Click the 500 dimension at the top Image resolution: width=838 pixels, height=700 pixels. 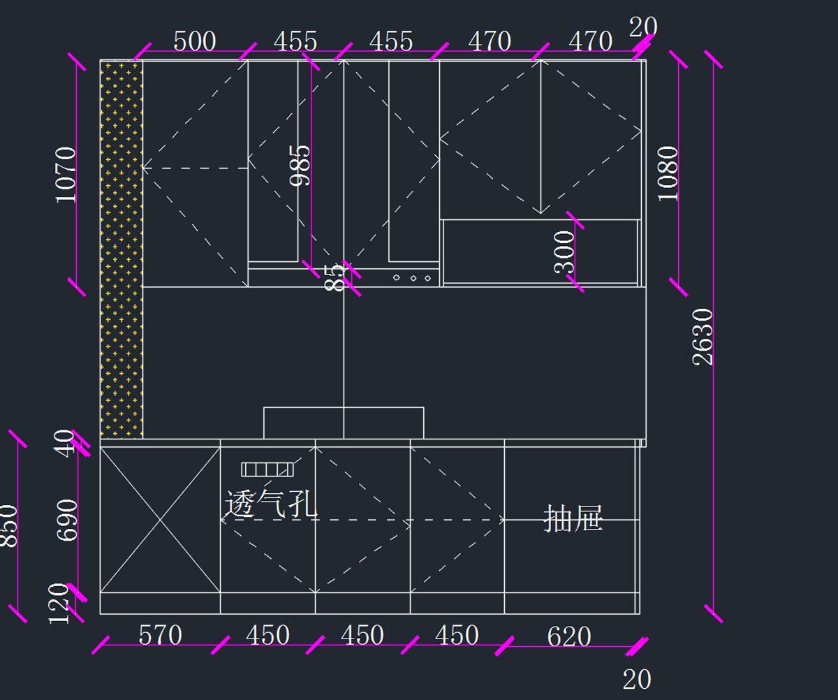pos(194,41)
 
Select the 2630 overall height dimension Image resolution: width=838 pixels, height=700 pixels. pos(703,336)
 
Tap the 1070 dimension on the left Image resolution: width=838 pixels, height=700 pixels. pos(66,174)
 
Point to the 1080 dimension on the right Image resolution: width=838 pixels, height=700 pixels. pos(668,173)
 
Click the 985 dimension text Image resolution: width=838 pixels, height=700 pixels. pos(300,165)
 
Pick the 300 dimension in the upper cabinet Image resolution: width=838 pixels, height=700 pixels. pos(564,252)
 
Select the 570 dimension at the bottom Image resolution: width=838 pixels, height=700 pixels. pos(160,635)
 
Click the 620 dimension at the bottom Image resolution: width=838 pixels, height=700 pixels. pos(569,636)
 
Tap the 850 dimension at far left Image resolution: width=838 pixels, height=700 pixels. pos(9,525)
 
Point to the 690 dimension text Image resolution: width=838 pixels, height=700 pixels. pos(68,520)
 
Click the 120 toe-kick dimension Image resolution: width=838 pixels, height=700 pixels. pos(60,603)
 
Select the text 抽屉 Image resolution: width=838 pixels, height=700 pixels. pos(573,519)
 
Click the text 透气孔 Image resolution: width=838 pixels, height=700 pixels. pos(271,503)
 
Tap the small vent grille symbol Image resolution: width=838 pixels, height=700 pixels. pos(267,469)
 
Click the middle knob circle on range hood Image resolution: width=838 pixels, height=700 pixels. pos(413,278)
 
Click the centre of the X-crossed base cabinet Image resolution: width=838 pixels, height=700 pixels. pos(160,520)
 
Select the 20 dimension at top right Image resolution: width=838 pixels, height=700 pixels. pos(642,27)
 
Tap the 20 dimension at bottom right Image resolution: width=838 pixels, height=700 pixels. pos(636,679)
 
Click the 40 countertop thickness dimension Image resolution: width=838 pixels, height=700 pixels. pos(65,443)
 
